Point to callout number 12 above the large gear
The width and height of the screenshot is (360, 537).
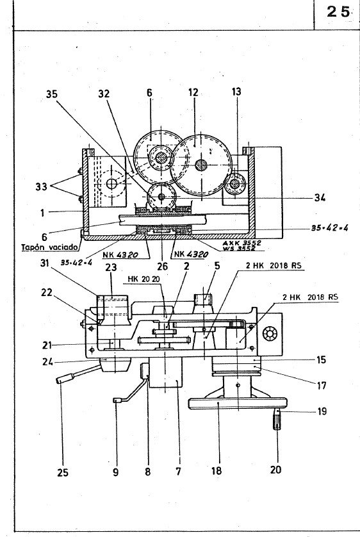tap(193, 93)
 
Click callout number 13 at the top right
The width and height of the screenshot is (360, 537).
tap(237, 93)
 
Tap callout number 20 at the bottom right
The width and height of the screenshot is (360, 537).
tap(275, 469)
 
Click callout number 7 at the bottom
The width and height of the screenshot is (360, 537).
tap(178, 470)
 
